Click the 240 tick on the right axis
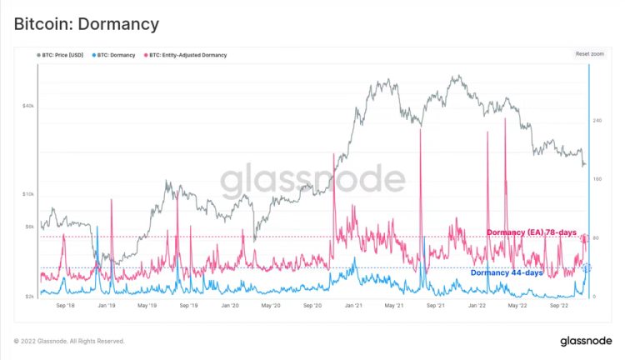click(597, 121)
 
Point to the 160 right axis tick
click(597, 180)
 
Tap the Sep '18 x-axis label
click(67, 306)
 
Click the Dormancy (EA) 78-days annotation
click(531, 232)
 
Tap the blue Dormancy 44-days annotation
click(507, 272)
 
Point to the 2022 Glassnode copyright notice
click(69, 341)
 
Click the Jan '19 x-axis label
click(107, 306)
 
